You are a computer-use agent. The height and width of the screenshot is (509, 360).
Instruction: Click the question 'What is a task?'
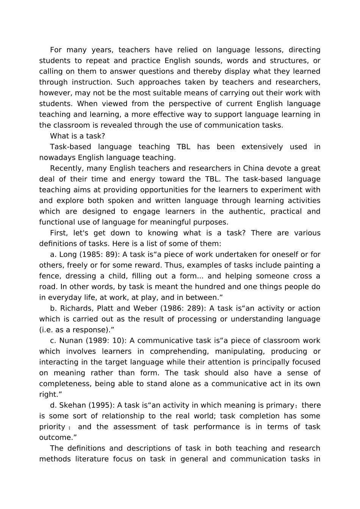click(77, 136)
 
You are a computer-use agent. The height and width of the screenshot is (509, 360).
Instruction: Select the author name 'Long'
click(68, 254)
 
